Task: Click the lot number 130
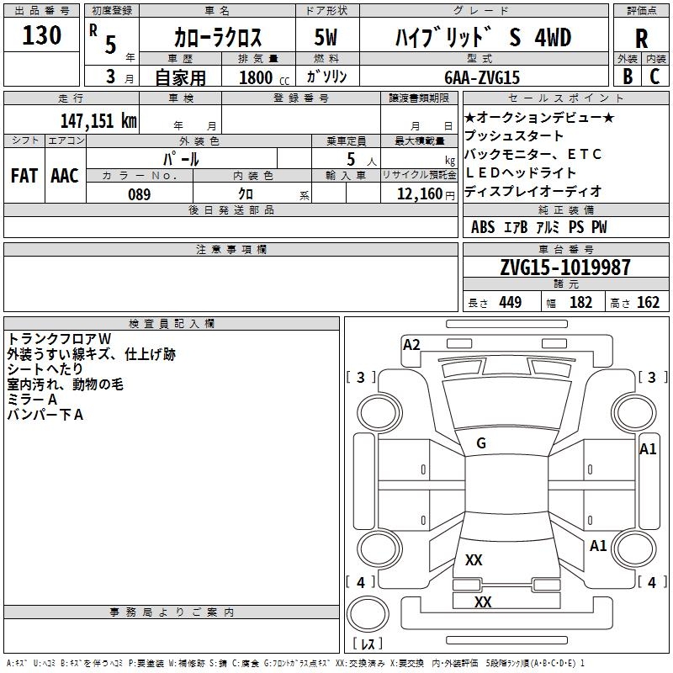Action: tap(41, 35)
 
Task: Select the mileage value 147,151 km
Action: tap(98, 120)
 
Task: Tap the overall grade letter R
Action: tap(641, 39)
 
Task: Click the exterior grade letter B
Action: tap(628, 77)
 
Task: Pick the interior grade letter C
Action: tap(654, 77)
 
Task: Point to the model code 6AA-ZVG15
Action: tap(482, 77)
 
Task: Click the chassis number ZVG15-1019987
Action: tap(565, 267)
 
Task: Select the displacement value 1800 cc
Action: tap(264, 77)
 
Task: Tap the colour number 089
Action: tap(140, 194)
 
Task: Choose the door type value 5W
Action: tap(326, 37)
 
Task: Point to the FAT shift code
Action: tap(24, 176)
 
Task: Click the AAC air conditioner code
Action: tap(65, 176)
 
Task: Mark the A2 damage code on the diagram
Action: tap(411, 345)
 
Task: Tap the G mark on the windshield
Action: tap(481, 443)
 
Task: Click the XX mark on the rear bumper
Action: tap(483, 601)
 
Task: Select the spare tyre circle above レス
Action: tap(368, 613)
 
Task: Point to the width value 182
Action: tap(580, 302)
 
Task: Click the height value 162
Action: tap(648, 302)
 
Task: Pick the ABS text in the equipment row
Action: tap(483, 227)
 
